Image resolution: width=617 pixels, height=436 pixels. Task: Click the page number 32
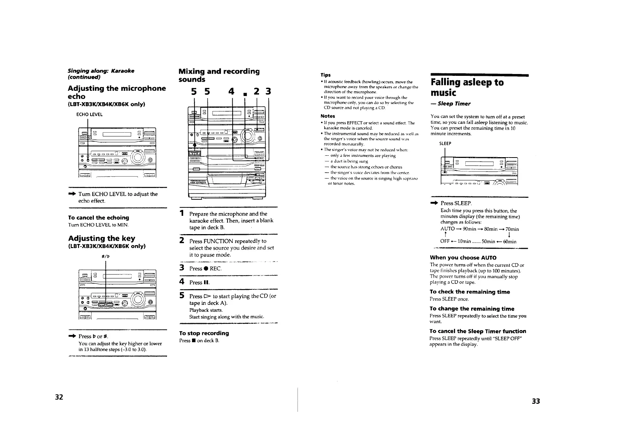point(59,397)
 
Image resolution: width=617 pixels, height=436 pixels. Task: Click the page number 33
point(536,401)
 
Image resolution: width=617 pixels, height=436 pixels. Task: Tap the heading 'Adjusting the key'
point(101,238)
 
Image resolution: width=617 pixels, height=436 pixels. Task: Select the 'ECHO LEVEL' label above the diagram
point(89,114)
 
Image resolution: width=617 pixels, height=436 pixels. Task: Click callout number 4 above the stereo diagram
point(231,91)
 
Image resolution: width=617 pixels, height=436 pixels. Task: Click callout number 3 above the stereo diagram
point(268,91)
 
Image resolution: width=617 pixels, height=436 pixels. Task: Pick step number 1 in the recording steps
point(182,213)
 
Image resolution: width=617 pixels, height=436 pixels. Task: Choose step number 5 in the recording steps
point(182,295)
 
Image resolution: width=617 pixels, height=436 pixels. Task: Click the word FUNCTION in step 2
point(218,241)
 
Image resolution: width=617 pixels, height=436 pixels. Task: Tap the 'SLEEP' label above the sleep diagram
point(445,144)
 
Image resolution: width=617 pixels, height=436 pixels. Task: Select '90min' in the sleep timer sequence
point(469,229)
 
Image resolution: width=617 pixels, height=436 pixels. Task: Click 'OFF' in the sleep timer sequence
point(445,241)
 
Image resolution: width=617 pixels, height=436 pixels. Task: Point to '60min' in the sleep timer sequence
point(509,241)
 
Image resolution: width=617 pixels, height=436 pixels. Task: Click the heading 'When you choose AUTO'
point(463,258)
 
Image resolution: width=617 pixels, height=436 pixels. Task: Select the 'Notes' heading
point(328,116)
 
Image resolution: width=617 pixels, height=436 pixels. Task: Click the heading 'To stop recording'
point(204,333)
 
